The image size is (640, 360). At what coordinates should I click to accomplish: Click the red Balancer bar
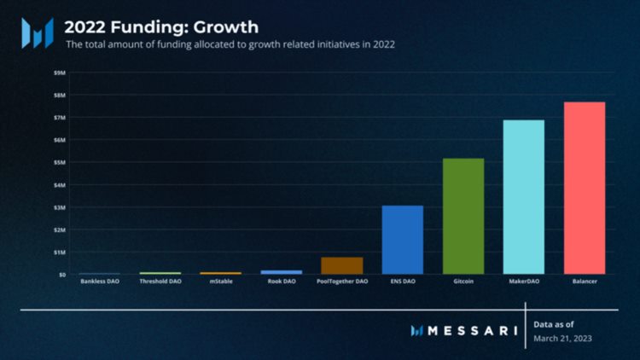tap(584, 188)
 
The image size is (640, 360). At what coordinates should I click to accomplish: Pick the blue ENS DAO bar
tap(402, 240)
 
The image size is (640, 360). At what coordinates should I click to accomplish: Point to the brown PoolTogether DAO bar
tap(341, 265)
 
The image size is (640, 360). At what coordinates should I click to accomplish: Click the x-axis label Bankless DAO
tap(100, 281)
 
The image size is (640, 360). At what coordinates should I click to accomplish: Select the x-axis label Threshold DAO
tap(160, 281)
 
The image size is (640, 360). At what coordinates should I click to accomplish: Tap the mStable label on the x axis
tap(221, 281)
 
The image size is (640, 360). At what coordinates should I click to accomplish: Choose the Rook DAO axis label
tap(282, 281)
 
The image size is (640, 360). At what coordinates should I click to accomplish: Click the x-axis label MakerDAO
tap(523, 281)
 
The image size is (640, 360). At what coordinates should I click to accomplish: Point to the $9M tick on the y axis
tap(60, 73)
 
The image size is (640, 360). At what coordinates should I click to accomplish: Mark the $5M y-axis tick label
tap(60, 162)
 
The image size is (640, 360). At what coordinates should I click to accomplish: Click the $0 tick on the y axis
tap(61, 275)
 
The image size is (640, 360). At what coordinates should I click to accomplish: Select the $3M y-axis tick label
tap(60, 207)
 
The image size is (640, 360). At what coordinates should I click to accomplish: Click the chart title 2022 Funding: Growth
tap(161, 26)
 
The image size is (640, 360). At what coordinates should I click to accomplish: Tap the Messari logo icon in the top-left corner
tap(38, 32)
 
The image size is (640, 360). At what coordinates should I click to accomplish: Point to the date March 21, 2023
tap(562, 339)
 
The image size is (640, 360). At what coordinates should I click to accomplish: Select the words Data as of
tap(554, 324)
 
